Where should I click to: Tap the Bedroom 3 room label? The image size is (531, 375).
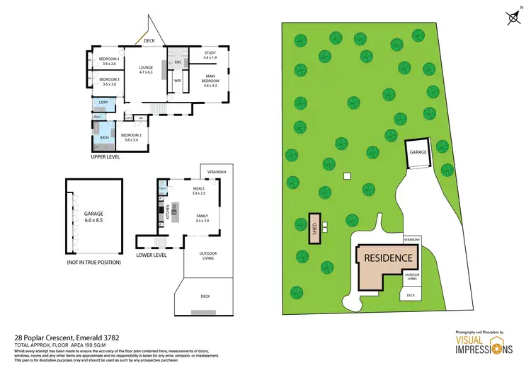point(108,82)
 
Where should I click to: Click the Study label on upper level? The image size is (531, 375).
point(210,54)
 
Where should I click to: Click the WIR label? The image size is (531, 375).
point(178,81)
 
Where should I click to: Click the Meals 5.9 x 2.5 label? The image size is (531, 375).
point(198,191)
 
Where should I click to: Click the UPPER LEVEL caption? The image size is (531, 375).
point(105,156)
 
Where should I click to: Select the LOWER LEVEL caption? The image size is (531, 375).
point(152,255)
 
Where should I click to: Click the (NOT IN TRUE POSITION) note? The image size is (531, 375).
point(93,262)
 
